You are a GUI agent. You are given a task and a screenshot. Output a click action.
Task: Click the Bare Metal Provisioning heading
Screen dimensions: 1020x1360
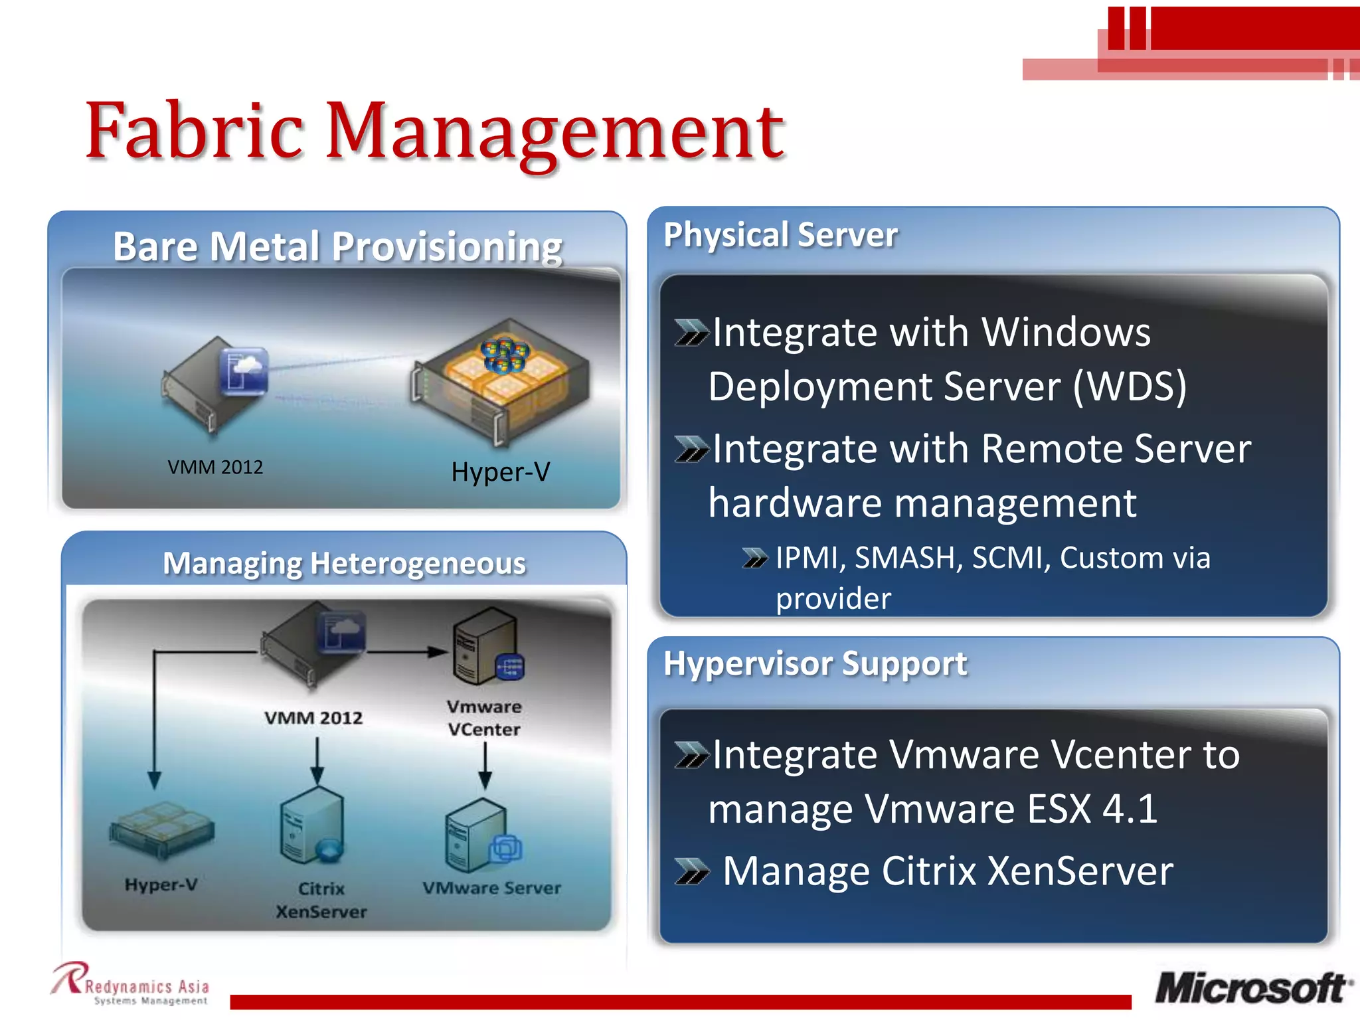point(337,247)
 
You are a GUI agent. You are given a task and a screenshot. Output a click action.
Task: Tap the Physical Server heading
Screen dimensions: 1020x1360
point(780,235)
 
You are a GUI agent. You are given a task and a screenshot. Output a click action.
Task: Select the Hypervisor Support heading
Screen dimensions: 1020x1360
point(815,663)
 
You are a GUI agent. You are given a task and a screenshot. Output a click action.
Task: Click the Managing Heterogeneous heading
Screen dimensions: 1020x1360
point(344,564)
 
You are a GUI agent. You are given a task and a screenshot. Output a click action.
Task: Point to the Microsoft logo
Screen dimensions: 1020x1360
point(1252,988)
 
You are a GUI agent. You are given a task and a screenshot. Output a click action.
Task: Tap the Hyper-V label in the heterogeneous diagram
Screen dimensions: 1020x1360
point(161,885)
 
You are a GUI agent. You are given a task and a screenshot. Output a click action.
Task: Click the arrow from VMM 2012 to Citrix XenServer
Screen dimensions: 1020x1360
point(317,761)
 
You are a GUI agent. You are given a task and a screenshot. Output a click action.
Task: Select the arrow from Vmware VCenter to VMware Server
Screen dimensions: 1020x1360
point(485,764)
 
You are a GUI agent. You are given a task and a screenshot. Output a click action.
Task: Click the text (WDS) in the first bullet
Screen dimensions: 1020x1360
point(1130,386)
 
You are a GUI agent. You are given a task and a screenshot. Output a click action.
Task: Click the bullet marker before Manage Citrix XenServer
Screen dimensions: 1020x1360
point(691,871)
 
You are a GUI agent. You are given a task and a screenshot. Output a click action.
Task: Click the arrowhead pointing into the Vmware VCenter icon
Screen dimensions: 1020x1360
point(438,651)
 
